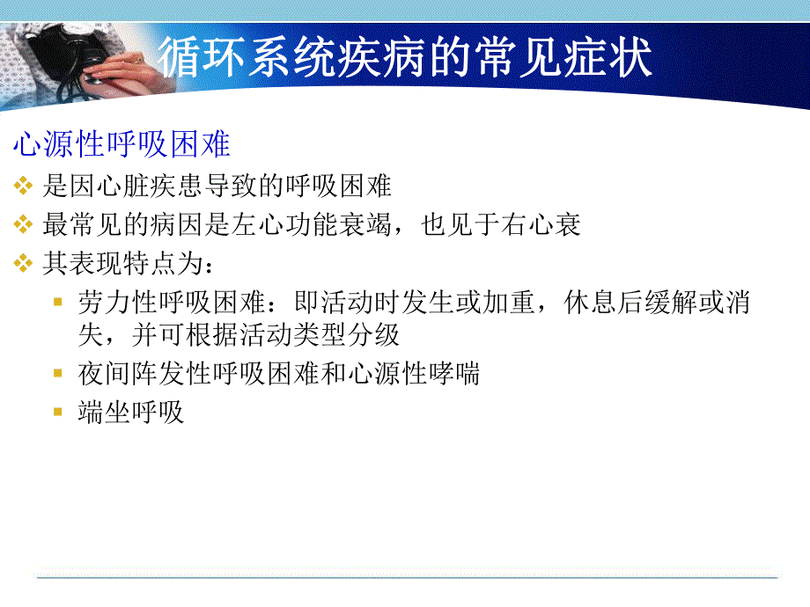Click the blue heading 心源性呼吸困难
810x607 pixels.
coord(121,144)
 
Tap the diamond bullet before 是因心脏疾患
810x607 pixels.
coord(23,186)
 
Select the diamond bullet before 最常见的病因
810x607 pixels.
coord(23,225)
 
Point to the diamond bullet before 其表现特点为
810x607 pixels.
coord(23,263)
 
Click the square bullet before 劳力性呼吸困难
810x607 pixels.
coord(58,303)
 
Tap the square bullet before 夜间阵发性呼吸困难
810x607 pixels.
coord(58,374)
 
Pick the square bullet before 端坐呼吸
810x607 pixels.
coord(58,412)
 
